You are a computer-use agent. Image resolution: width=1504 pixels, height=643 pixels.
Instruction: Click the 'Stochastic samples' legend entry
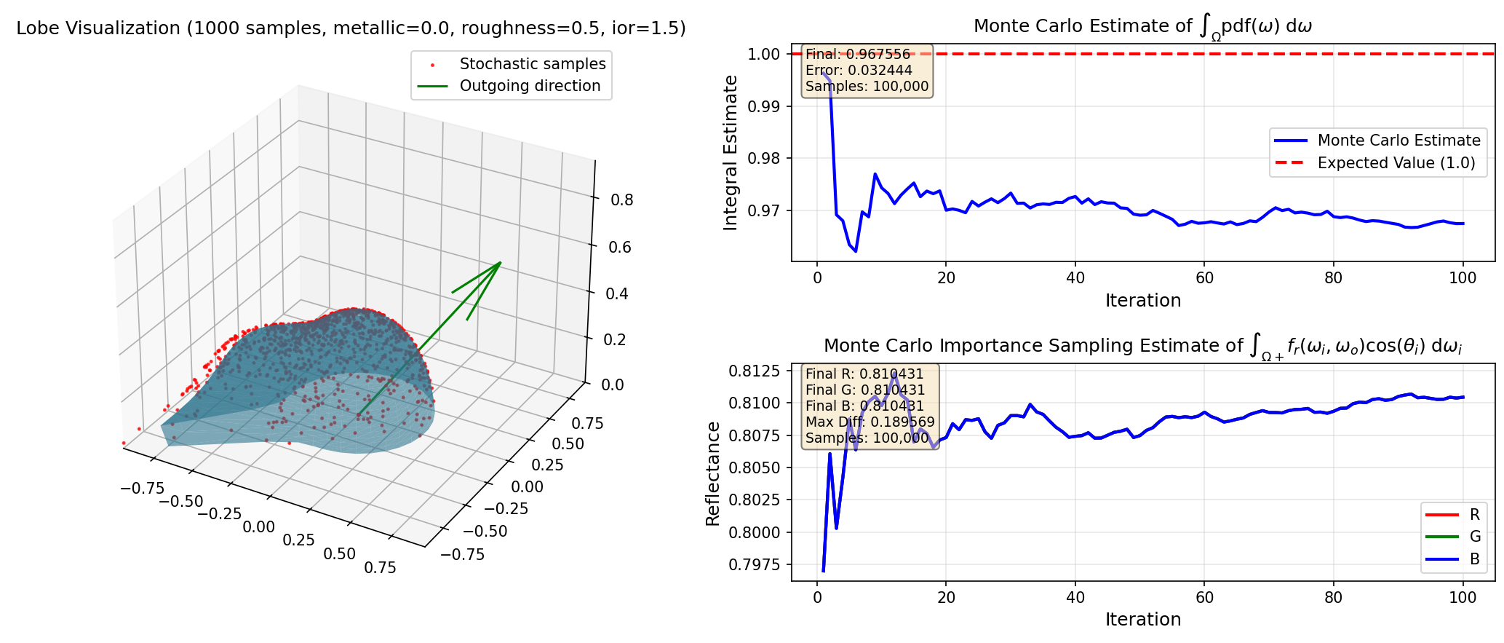point(532,64)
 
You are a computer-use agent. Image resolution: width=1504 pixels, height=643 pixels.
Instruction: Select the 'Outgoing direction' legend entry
point(530,86)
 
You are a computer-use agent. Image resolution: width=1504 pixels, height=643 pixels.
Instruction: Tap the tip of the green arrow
point(501,262)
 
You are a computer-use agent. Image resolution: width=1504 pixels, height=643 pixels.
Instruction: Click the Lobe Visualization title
point(351,28)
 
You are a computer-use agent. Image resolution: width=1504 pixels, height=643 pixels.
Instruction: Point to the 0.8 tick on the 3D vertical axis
point(621,200)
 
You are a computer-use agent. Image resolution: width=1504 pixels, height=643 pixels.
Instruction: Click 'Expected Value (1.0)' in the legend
point(1396,163)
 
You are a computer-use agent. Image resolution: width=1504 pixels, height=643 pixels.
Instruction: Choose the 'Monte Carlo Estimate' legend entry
point(1398,141)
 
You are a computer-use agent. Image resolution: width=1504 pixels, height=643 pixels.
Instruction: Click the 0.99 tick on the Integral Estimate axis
point(764,106)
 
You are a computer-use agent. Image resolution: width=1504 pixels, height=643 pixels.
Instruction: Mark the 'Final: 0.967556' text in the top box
point(858,55)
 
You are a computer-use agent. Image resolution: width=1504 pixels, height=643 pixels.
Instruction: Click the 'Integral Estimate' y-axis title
point(731,153)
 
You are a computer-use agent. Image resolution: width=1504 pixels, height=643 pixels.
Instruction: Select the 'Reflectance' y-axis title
point(712,473)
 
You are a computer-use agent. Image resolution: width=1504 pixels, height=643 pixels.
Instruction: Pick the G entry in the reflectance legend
point(1475,537)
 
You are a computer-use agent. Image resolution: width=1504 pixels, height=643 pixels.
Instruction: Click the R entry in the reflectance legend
point(1475,515)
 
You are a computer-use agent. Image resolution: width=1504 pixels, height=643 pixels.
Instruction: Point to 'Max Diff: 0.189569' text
point(870,422)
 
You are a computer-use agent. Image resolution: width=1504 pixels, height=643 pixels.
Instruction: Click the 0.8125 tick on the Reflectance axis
point(755,371)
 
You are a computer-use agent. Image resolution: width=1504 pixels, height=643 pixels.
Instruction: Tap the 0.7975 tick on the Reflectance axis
point(755,564)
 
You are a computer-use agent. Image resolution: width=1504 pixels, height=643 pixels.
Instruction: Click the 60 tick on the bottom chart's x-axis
point(1204,598)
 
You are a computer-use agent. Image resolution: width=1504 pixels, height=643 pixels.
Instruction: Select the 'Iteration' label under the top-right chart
point(1142,301)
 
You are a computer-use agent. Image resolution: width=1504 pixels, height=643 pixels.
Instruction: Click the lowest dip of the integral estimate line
point(856,251)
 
